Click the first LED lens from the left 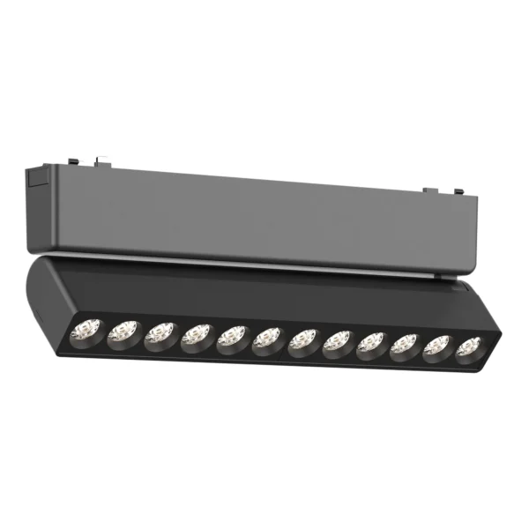click(86, 331)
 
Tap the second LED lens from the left click(123, 332)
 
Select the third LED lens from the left click(160, 333)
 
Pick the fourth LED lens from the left click(197, 334)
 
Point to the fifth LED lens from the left click(232, 336)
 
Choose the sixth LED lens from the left click(267, 338)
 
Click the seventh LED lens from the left click(303, 339)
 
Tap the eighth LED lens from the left click(338, 340)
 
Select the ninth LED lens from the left click(372, 342)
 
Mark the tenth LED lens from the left click(405, 344)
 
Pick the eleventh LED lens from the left click(437, 345)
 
